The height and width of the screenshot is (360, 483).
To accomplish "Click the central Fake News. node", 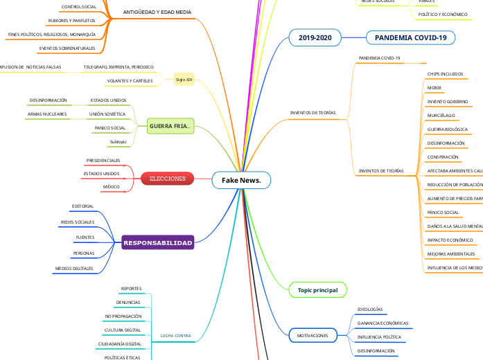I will (x=241, y=180).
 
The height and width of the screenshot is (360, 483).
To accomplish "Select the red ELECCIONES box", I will (x=168, y=179).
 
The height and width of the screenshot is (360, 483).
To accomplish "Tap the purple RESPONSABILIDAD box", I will (x=157, y=243).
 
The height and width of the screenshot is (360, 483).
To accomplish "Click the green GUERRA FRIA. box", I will (x=170, y=126).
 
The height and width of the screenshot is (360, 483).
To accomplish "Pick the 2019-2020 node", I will (x=315, y=37).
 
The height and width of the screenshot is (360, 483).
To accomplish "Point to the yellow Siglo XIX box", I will (x=184, y=80).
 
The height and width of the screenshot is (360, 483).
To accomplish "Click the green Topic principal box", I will (x=317, y=290).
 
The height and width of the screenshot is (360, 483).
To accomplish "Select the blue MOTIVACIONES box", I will (x=313, y=335).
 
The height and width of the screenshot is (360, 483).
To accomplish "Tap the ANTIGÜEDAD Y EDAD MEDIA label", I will (x=157, y=12).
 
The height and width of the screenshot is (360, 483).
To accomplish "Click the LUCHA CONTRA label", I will (x=175, y=336).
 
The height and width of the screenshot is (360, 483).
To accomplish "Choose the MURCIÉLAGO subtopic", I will (x=441, y=115).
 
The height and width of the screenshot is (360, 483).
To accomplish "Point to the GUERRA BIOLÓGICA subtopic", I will (x=447, y=129).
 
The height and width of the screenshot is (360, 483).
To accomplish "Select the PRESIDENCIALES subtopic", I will (x=103, y=160).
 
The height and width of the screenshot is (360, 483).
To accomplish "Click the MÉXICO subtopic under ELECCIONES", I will (x=111, y=187).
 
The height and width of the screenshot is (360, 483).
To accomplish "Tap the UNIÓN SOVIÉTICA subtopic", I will (x=107, y=114).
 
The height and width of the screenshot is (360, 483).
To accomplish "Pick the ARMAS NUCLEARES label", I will (x=47, y=114).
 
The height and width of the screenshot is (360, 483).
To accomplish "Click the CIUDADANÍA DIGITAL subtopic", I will (x=120, y=343).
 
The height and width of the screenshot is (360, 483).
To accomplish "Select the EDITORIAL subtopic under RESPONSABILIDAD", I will (x=82, y=206).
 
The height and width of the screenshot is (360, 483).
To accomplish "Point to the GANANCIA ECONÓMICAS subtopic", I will (x=383, y=323).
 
